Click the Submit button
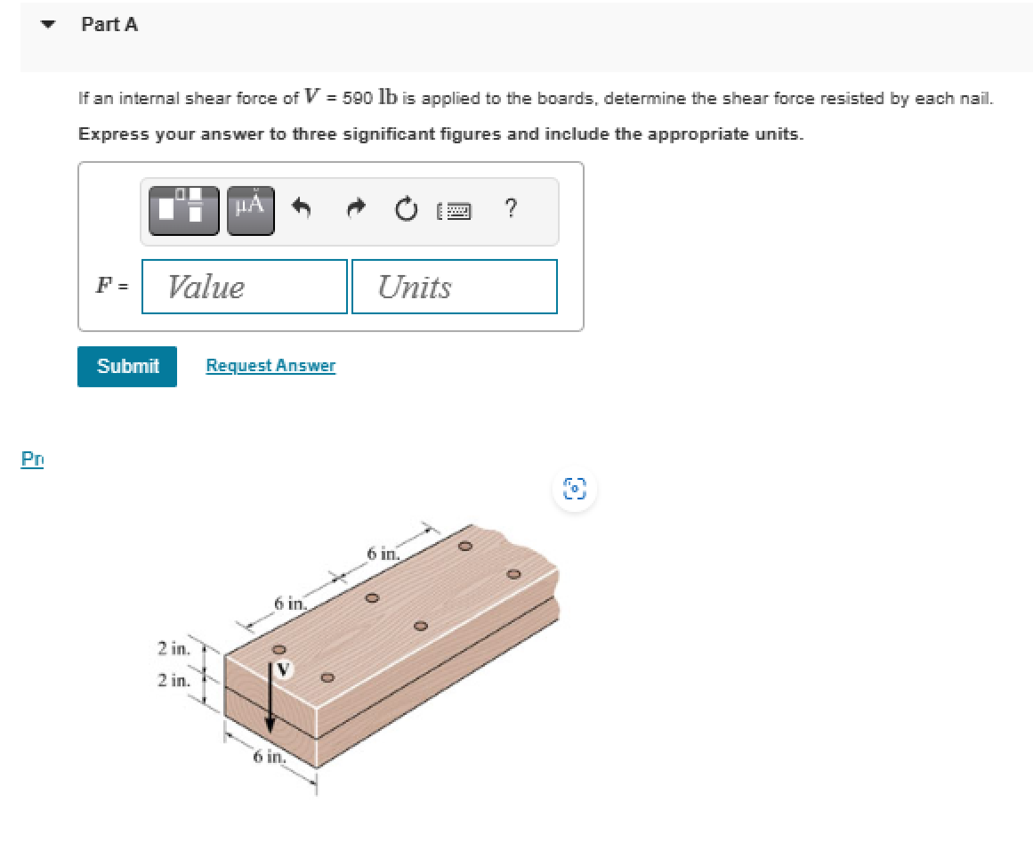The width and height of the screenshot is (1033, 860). [x=127, y=366]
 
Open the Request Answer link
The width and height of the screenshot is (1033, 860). [x=270, y=366]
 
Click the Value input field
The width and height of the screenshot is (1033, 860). [x=244, y=287]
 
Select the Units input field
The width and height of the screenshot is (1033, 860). [x=454, y=287]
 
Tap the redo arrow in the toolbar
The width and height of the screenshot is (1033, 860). [x=355, y=210]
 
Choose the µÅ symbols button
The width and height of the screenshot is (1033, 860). [x=250, y=210]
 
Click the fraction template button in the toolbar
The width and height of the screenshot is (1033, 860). [x=183, y=210]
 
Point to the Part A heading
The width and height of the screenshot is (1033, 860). [x=109, y=25]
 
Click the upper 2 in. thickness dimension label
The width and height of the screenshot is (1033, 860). [x=173, y=649]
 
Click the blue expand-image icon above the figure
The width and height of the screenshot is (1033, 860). [x=577, y=489]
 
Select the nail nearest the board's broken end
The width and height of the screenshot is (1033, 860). [x=512, y=572]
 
